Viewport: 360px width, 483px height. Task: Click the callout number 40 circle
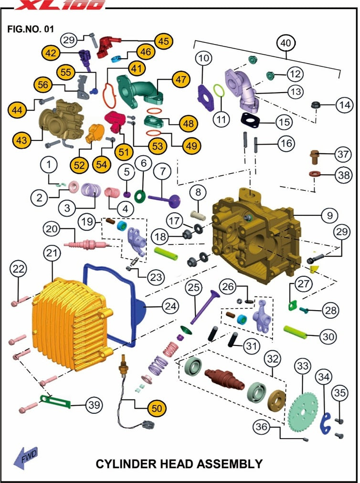(285, 43)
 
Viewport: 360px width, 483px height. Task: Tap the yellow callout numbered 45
(163, 42)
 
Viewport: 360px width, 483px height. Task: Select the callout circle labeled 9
(330, 216)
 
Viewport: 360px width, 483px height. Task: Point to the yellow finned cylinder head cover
(72, 325)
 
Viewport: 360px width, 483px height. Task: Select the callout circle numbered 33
(302, 367)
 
